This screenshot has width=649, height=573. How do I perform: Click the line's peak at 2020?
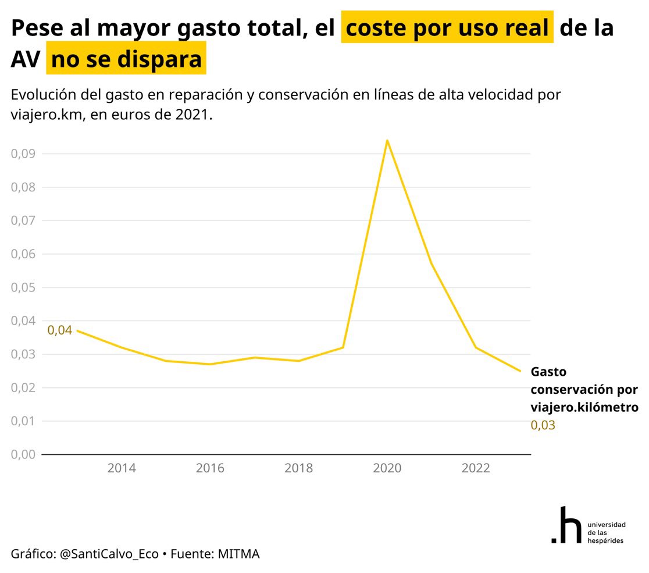pos(387,140)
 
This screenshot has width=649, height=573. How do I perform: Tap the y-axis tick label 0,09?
pos(23,154)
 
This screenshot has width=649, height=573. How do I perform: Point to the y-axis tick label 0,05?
pos(23,287)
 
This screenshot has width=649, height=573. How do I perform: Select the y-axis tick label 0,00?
pos(23,454)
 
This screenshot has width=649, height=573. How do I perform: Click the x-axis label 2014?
pos(122,468)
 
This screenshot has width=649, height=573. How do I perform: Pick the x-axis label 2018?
pos(298,468)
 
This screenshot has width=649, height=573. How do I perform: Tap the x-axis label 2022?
pos(476,468)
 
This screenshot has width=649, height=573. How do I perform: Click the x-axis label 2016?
pos(210,468)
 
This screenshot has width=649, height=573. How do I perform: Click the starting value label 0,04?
pos(59,330)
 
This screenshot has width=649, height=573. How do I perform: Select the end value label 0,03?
pos(543,425)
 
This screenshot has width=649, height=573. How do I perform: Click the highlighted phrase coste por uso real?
pos(447,27)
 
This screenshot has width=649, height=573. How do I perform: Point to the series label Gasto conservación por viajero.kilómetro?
pos(584,389)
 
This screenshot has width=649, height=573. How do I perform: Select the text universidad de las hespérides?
pos(607,532)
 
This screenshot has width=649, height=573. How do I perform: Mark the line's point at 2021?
pos(432,265)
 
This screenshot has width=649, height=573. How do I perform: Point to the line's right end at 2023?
pos(520,371)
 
